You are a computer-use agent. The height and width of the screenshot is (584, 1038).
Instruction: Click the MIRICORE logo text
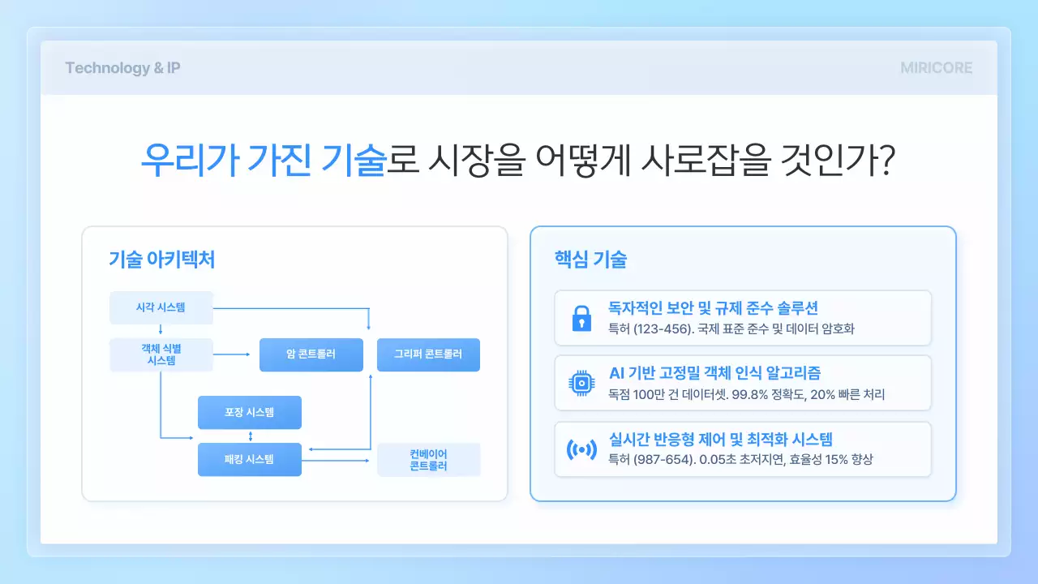(936, 68)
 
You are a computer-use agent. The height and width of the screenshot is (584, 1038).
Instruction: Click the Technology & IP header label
(122, 68)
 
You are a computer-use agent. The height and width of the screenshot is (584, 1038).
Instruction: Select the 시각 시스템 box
(161, 307)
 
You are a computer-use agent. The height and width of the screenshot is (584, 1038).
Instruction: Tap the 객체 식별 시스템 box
(161, 354)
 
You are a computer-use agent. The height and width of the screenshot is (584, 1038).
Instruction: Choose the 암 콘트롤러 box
(311, 354)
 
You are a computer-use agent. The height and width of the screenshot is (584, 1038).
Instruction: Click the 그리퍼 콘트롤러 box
(428, 354)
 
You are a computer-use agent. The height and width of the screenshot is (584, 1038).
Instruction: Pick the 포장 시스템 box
(249, 412)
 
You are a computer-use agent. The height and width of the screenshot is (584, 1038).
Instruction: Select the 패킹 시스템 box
(249, 459)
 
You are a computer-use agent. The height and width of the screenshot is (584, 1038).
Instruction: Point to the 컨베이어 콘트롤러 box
(428, 459)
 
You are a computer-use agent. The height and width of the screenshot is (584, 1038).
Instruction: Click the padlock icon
(581, 318)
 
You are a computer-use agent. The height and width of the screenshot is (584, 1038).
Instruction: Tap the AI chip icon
(581, 383)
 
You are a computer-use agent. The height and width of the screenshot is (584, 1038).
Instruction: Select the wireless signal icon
(581, 449)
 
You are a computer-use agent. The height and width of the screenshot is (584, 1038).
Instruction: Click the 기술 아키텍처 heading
(161, 260)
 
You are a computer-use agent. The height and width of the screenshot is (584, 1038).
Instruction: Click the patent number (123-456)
(664, 328)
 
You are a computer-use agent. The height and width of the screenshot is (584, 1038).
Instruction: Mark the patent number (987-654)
(664, 460)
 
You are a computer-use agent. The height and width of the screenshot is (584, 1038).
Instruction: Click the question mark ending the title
(886, 161)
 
